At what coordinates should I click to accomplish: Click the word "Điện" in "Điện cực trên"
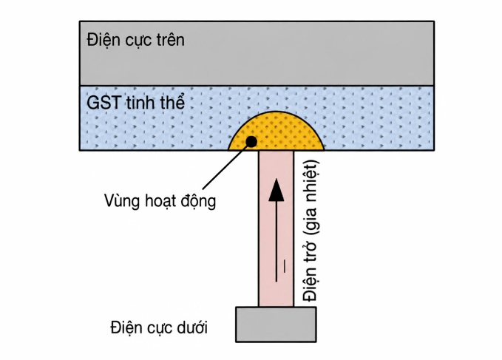click(x=101, y=41)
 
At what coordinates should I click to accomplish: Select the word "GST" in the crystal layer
click(x=104, y=103)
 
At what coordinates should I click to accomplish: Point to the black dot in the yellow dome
click(x=251, y=141)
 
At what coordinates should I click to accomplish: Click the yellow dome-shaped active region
click(x=277, y=131)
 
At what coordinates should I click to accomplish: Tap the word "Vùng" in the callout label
click(x=122, y=202)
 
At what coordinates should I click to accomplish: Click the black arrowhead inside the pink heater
click(x=277, y=190)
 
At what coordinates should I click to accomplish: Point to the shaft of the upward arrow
click(x=277, y=242)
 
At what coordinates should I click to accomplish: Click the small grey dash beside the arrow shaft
click(x=284, y=266)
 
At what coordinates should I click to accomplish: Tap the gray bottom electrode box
click(x=276, y=325)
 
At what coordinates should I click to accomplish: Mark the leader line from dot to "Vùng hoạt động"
click(x=226, y=166)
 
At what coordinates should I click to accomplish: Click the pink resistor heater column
click(x=276, y=229)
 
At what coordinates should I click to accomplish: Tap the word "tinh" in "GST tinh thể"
click(x=141, y=103)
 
